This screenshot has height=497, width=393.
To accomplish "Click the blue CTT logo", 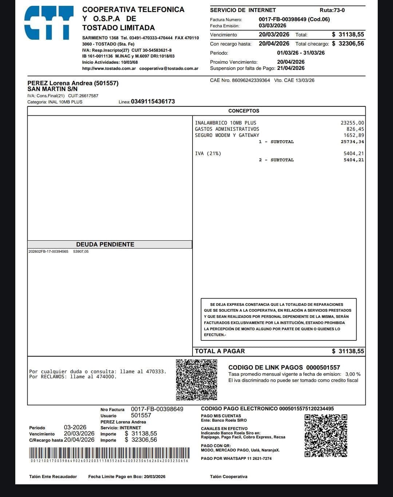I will pyautogui.click(x=49, y=23).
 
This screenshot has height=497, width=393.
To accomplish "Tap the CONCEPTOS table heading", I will pyautogui.click(x=244, y=111).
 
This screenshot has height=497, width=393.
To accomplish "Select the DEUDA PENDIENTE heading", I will pyautogui.click(x=105, y=244).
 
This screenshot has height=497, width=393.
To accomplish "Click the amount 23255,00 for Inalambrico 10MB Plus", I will pyautogui.click(x=352, y=123).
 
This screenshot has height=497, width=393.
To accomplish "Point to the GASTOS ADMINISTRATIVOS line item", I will pyautogui.click(x=227, y=129).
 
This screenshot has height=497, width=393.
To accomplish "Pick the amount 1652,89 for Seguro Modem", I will pyautogui.click(x=354, y=135).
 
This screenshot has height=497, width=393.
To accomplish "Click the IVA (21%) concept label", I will pyautogui.click(x=208, y=154).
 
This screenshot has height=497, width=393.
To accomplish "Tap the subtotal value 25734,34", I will pyautogui.click(x=352, y=142).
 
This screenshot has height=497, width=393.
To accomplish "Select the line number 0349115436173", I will pyautogui.click(x=153, y=102).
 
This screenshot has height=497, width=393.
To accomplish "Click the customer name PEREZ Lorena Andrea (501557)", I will pyautogui.click(x=73, y=83).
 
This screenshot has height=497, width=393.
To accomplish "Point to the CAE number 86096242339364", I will pyautogui.click(x=251, y=80).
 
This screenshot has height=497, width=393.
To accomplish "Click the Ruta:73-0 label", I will pyautogui.click(x=332, y=10).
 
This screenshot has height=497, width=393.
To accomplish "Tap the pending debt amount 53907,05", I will pyautogui.click(x=81, y=252).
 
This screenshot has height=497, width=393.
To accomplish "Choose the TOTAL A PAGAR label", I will pyautogui.click(x=220, y=351).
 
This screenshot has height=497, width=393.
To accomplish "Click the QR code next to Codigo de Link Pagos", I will pyautogui.click(x=196, y=380).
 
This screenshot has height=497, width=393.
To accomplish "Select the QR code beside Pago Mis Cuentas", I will pyautogui.click(x=326, y=435).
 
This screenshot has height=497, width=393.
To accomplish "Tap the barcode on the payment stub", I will pyautogui.click(x=109, y=453).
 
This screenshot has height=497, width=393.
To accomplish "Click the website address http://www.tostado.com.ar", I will pyautogui.click(x=109, y=68).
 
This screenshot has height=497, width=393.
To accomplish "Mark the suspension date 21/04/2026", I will pyautogui.click(x=291, y=68).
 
